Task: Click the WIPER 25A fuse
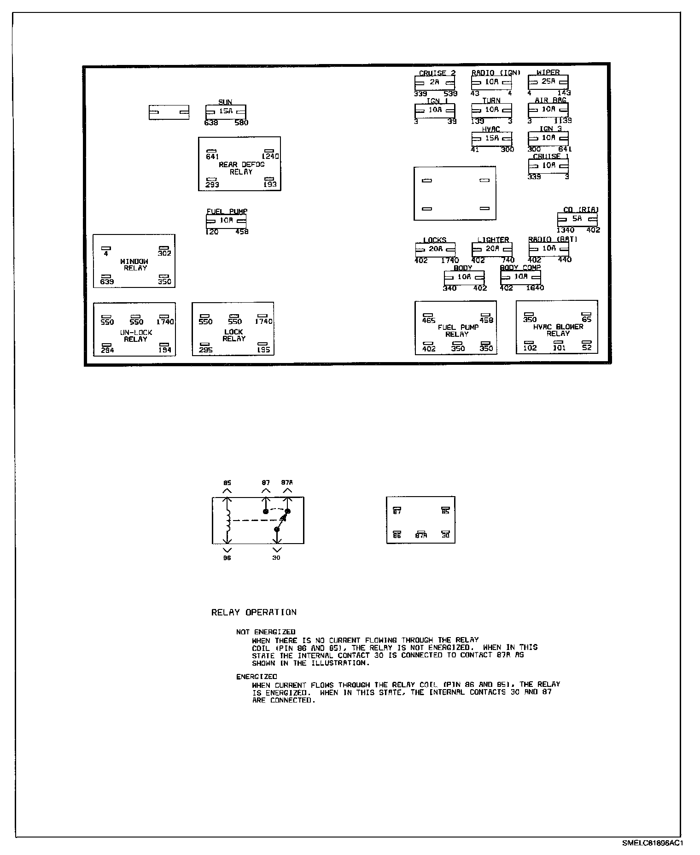point(548,82)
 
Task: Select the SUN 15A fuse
point(226,111)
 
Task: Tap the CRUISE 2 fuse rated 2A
point(435,82)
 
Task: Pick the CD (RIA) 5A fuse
point(577,219)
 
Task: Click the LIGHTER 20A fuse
point(492,249)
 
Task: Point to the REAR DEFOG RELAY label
point(241,168)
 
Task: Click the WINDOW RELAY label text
point(134,264)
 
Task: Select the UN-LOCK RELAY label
point(135,336)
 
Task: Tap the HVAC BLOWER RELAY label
point(558,330)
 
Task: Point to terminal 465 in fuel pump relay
point(429,320)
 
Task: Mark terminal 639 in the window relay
point(107,281)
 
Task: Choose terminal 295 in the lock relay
point(205,350)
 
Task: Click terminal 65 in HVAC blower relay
point(586,319)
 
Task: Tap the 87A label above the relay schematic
point(287,483)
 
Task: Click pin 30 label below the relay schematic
point(276,558)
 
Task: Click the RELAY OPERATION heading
point(254,612)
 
